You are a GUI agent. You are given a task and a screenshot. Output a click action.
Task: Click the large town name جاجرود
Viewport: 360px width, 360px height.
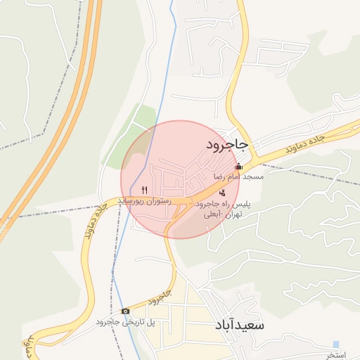227,145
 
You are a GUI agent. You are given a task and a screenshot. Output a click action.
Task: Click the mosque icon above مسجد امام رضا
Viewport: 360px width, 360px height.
238,167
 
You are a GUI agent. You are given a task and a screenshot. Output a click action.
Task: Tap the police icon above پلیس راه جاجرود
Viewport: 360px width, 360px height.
223,193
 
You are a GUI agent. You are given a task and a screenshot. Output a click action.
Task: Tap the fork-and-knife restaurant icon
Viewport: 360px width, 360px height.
145,189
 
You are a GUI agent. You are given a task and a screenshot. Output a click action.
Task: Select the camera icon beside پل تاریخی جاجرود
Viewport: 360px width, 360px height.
125,311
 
